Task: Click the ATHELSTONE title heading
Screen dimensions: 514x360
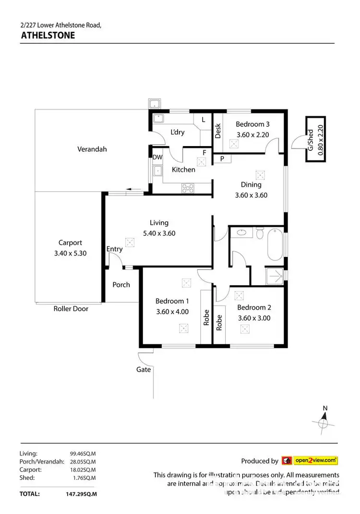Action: coord(48,35)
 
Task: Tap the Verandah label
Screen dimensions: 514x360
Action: coord(92,149)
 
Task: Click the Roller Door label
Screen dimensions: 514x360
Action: coord(71,309)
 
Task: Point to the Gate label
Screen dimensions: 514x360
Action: coord(144,369)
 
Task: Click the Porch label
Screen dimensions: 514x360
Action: coord(121,284)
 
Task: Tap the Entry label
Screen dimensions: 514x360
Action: coord(114,249)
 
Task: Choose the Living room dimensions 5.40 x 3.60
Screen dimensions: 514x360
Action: coord(159,233)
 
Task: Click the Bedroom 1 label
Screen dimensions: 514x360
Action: coord(172,301)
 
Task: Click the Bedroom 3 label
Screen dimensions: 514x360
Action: coord(252,124)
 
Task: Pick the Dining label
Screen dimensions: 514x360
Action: coord(251,184)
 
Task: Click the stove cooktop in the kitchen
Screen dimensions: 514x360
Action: coord(187,188)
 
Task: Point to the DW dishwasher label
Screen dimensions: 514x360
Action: coord(157,157)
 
